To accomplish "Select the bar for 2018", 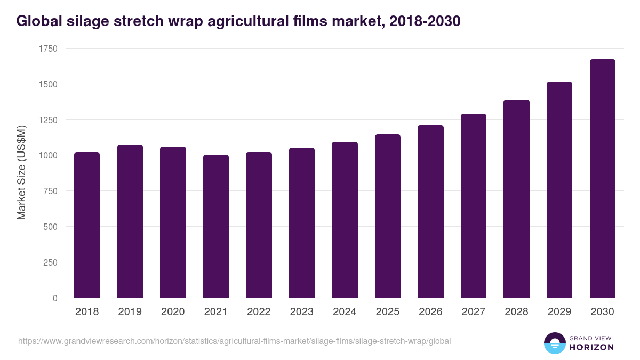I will (87, 225).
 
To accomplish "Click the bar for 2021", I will (215, 226).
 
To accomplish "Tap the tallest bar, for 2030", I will (602, 179).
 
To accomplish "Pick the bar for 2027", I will (474, 205).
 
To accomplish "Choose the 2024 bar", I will (345, 220).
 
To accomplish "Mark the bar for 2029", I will (559, 189).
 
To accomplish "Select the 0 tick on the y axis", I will (55, 298).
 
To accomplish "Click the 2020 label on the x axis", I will (173, 312).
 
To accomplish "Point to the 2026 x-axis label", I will (430, 312).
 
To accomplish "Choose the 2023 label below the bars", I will (302, 312).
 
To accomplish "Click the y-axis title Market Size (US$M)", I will (21, 173).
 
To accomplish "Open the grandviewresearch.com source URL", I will (235, 341).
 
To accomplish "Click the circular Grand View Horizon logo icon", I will (555, 343).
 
